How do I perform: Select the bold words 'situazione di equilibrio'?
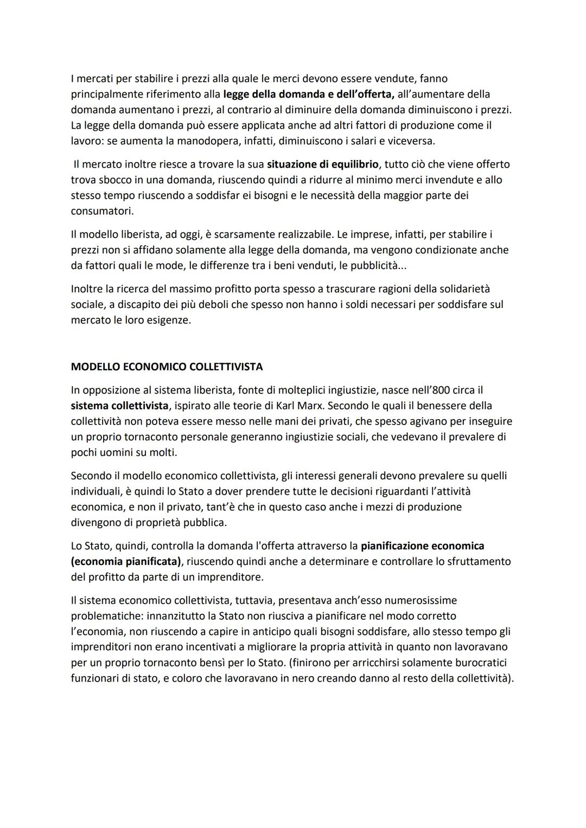(323, 164)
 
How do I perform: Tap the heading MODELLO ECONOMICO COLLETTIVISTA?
(167, 367)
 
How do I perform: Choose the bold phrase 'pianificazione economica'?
(422, 545)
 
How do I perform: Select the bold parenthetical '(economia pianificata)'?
(125, 561)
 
